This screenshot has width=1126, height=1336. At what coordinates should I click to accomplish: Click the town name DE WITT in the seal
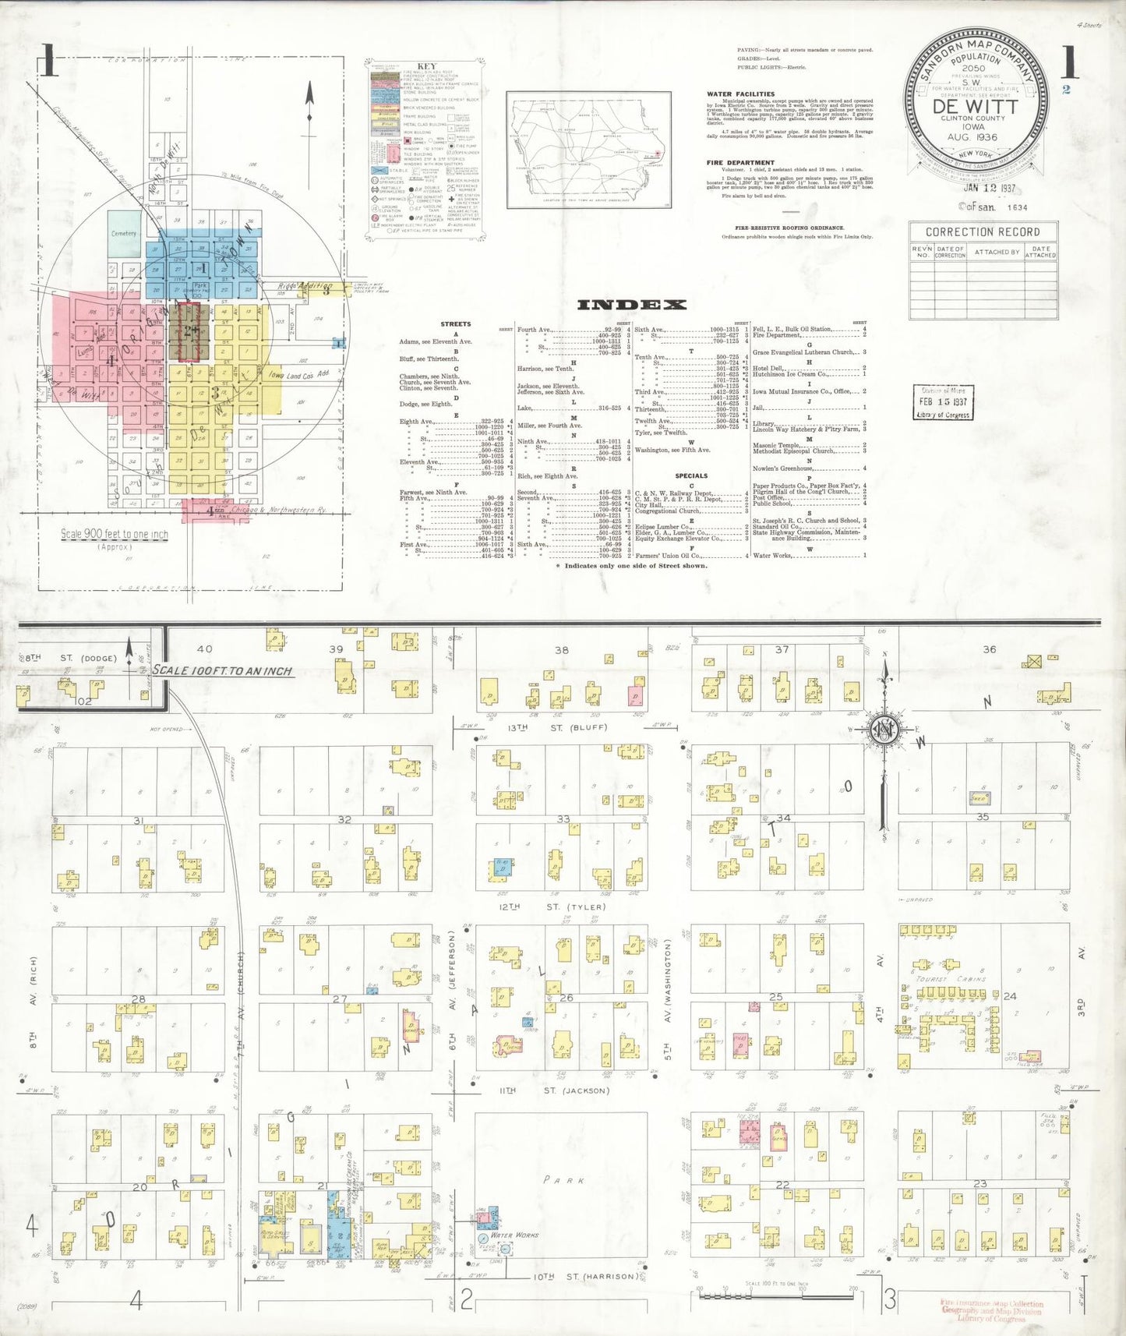[974, 107]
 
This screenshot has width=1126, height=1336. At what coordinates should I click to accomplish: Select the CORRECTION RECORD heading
[982, 232]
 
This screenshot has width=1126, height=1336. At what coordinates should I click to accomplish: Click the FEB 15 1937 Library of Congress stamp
[943, 402]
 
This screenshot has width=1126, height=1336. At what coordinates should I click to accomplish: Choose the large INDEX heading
[631, 305]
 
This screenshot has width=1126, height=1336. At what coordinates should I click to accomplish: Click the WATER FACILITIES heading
[740, 94]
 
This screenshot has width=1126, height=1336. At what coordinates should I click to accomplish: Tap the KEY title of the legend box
[427, 66]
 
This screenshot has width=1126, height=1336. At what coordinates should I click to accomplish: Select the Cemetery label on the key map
[123, 233]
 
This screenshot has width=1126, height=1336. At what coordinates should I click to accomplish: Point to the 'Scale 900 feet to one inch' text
[115, 535]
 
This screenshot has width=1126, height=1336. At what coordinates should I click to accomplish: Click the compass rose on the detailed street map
[885, 730]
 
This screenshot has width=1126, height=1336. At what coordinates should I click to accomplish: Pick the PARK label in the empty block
[565, 1180]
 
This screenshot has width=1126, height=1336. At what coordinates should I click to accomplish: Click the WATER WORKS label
[514, 1235]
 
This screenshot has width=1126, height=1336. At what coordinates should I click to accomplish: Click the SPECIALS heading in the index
[691, 475]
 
